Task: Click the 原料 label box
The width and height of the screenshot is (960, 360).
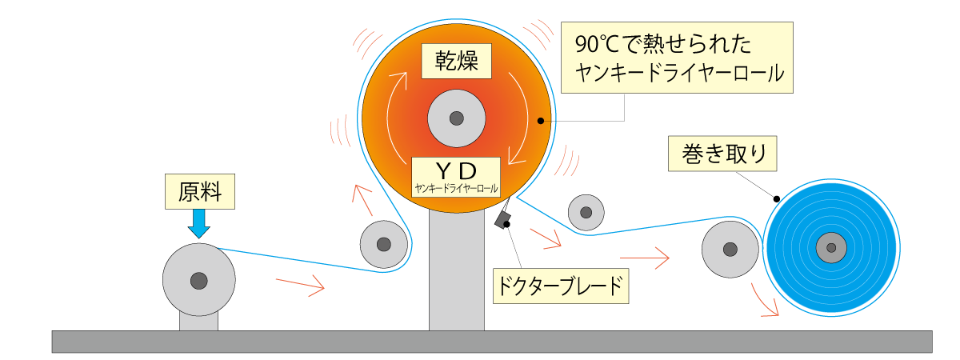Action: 201,191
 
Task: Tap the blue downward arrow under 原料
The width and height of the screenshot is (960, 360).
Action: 199,223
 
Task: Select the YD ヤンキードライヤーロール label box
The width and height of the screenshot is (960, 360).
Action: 456,177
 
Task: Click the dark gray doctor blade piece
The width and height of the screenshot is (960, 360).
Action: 502,218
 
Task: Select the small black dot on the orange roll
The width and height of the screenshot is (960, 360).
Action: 541,122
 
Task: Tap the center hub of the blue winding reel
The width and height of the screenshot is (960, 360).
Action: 831,248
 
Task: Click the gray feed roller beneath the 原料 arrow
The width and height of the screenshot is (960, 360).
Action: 199,280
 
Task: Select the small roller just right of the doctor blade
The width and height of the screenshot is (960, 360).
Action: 586,212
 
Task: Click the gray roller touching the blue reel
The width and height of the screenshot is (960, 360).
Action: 730,250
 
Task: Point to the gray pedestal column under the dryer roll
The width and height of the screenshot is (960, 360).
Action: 456,272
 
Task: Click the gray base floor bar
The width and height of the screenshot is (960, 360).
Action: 491,342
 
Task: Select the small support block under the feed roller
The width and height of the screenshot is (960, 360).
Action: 198,322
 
